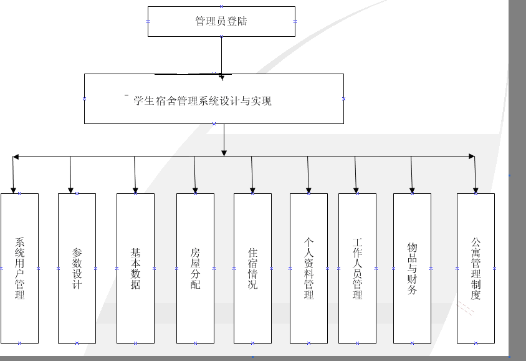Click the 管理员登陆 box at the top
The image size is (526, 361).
pyautogui.click(x=221, y=21)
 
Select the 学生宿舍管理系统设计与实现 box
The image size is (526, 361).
pyautogui.click(x=214, y=99)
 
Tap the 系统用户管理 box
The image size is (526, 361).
pyautogui.click(x=19, y=268)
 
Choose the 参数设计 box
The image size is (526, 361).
pyautogui.click(x=77, y=268)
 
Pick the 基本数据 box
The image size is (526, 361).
pyautogui.click(x=135, y=268)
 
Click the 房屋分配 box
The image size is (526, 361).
pyautogui.click(x=195, y=268)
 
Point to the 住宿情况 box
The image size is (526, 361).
pyautogui.click(x=252, y=268)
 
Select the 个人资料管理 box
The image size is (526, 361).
pyautogui.click(x=308, y=268)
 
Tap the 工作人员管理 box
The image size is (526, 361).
pyautogui.click(x=357, y=268)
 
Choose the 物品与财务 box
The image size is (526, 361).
pyautogui.click(x=412, y=268)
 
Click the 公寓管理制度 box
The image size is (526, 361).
pyautogui.click(x=476, y=268)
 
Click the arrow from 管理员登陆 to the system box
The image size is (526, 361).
pyautogui.click(x=221, y=56)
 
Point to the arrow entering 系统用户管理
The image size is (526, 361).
pyautogui.click(x=13, y=175)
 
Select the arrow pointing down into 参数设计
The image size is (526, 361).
pyautogui.click(x=70, y=175)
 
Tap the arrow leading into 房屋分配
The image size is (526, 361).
pyautogui.click(x=194, y=175)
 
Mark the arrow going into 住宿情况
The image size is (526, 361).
pyautogui.click(x=252, y=175)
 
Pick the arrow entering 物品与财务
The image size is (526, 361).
pyautogui.click(x=411, y=175)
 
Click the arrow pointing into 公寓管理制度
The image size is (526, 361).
pyautogui.click(x=476, y=175)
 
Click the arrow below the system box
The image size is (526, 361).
pyautogui.click(x=224, y=140)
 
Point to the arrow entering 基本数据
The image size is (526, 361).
pyautogui.click(x=135, y=175)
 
